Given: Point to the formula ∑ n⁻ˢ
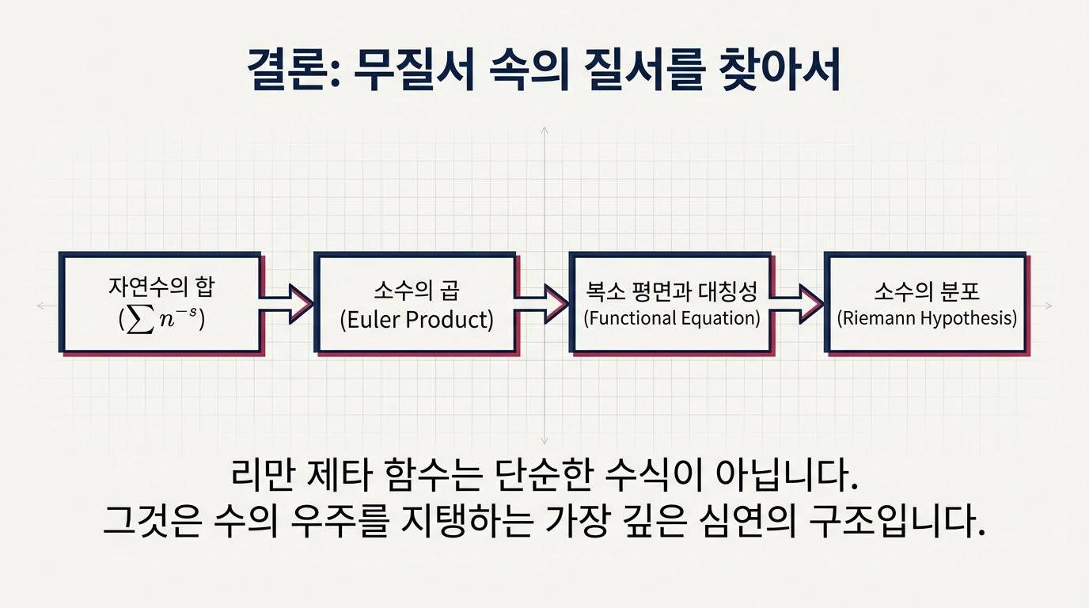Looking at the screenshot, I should tap(161, 319).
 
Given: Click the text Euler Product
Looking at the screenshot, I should tap(416, 320).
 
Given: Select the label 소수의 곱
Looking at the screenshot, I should tap(416, 291).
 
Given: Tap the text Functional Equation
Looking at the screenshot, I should tap(671, 318).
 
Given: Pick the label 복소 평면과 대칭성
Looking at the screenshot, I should tap(671, 291).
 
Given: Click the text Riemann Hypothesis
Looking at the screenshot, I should tap(927, 318).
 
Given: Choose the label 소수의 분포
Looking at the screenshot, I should tap(927, 291).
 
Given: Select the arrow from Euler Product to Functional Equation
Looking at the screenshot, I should tap(543, 303).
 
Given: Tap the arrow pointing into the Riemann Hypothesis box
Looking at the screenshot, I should tap(798, 303).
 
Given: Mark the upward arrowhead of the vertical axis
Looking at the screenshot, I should tap(544, 129).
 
